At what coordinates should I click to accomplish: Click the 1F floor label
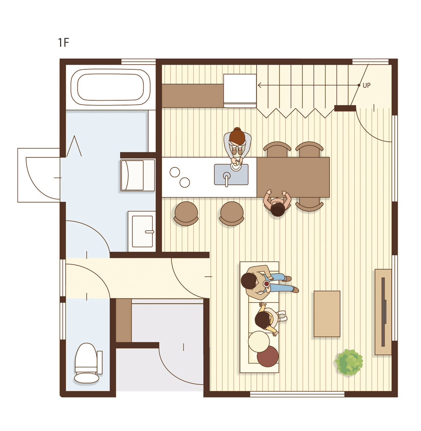coord(63,42)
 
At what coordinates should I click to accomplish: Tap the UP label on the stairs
coord(366,85)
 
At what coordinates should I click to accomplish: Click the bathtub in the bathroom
coord(110,87)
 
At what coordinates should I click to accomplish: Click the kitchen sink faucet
coord(227,179)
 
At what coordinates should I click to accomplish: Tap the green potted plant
coord(349,362)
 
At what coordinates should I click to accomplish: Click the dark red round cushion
coord(267,356)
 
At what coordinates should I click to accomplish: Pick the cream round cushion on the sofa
coord(259,341)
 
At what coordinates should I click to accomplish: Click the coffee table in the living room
coord(327,314)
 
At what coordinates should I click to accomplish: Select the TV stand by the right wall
coord(383,312)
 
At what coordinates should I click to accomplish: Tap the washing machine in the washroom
coord(137,175)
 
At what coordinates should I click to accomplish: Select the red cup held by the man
coord(267,284)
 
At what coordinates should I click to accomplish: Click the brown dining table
coord(293,177)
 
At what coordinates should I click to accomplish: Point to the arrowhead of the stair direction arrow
coord(259,86)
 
